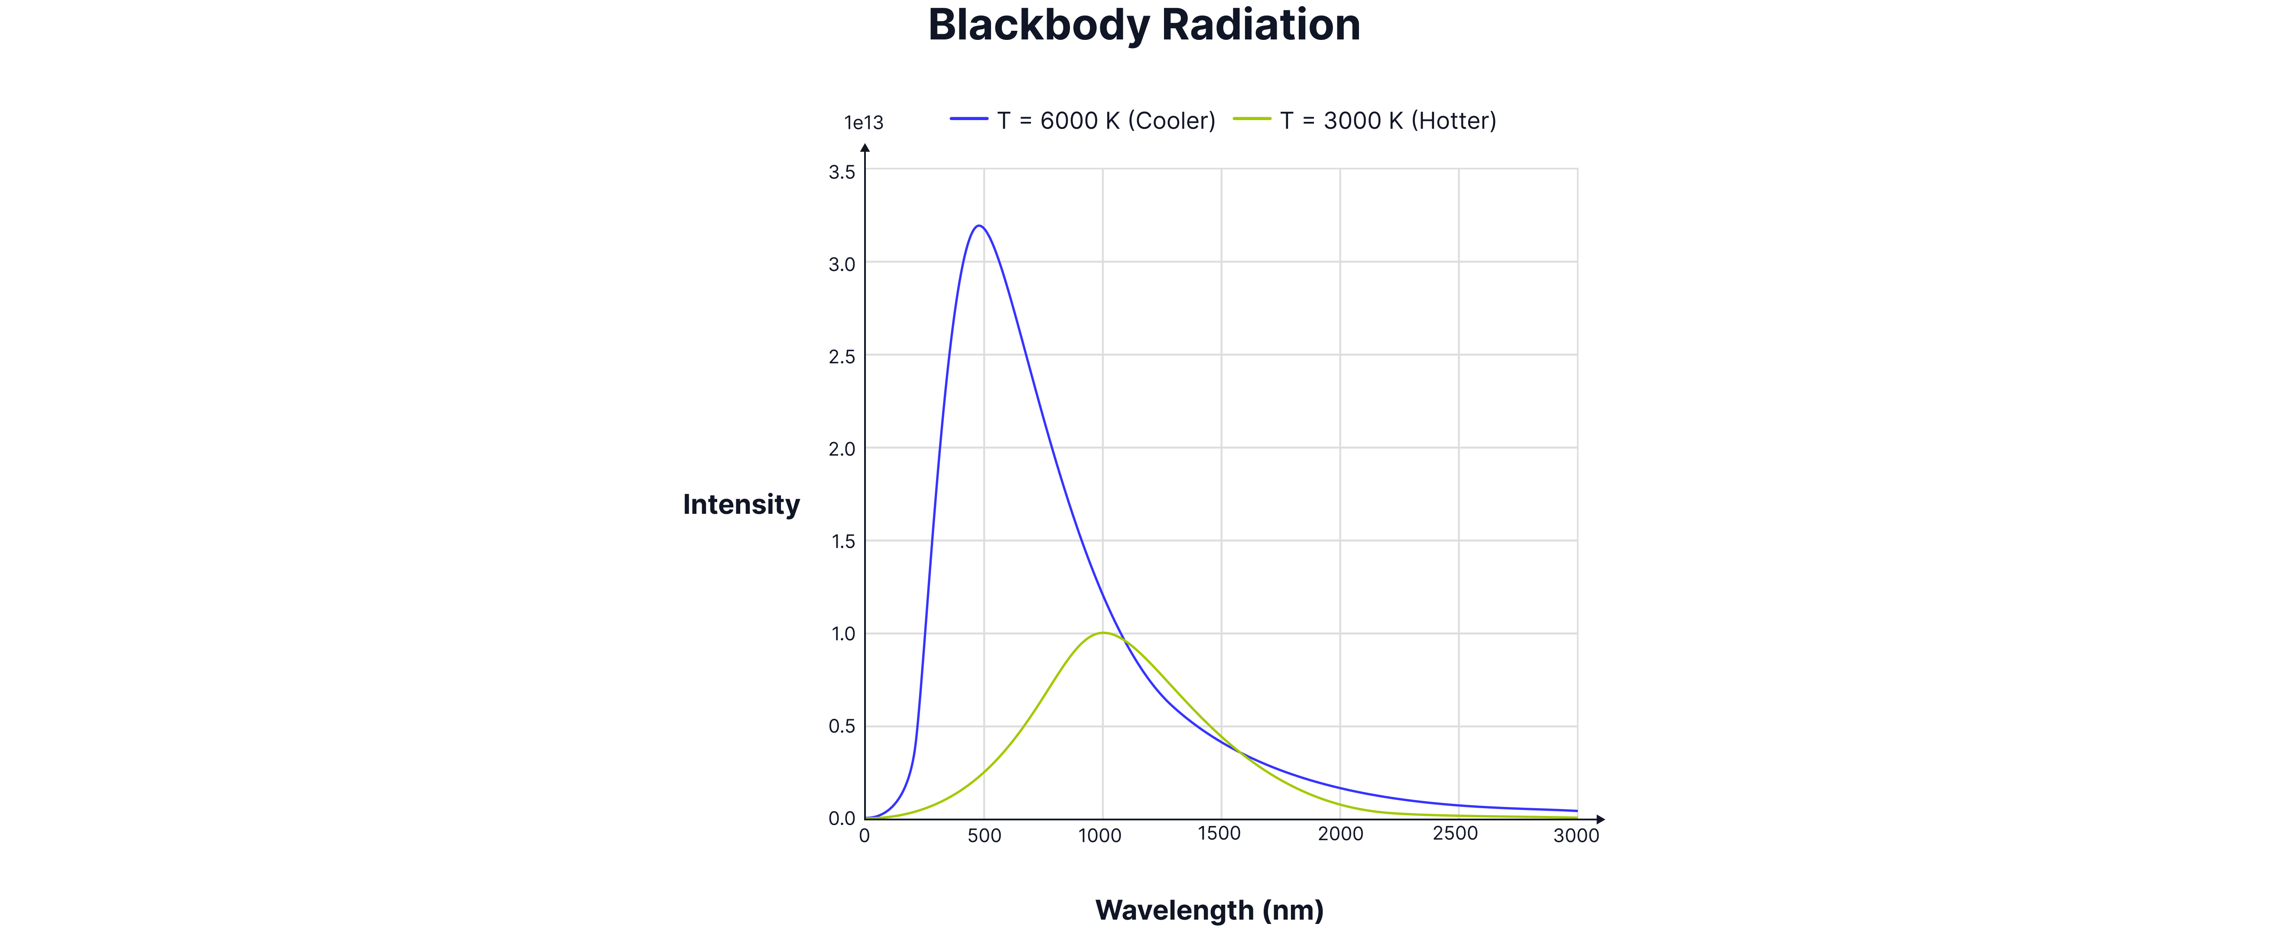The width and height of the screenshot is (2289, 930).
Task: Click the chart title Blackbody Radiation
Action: (x=1144, y=25)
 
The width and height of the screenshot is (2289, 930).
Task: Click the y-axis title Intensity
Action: (x=741, y=505)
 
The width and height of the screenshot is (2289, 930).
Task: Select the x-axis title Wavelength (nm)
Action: (x=1210, y=910)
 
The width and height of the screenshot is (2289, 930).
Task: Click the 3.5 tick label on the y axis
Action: (x=842, y=172)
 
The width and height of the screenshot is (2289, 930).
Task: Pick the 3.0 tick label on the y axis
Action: (x=842, y=264)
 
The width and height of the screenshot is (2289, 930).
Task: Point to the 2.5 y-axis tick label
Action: (x=842, y=356)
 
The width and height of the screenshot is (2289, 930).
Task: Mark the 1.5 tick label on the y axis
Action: (x=842, y=542)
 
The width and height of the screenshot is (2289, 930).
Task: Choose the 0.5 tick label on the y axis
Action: (x=842, y=726)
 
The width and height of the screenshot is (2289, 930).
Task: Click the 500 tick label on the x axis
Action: (x=984, y=836)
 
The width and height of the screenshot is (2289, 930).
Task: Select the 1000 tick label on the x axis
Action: (x=1100, y=836)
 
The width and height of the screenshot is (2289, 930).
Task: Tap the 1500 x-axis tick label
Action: (x=1219, y=834)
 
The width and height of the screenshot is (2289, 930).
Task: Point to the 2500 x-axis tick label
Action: (x=1456, y=834)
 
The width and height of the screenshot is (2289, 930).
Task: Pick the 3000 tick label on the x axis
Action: (x=1575, y=836)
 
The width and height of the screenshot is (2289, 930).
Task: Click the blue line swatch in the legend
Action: (x=969, y=118)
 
